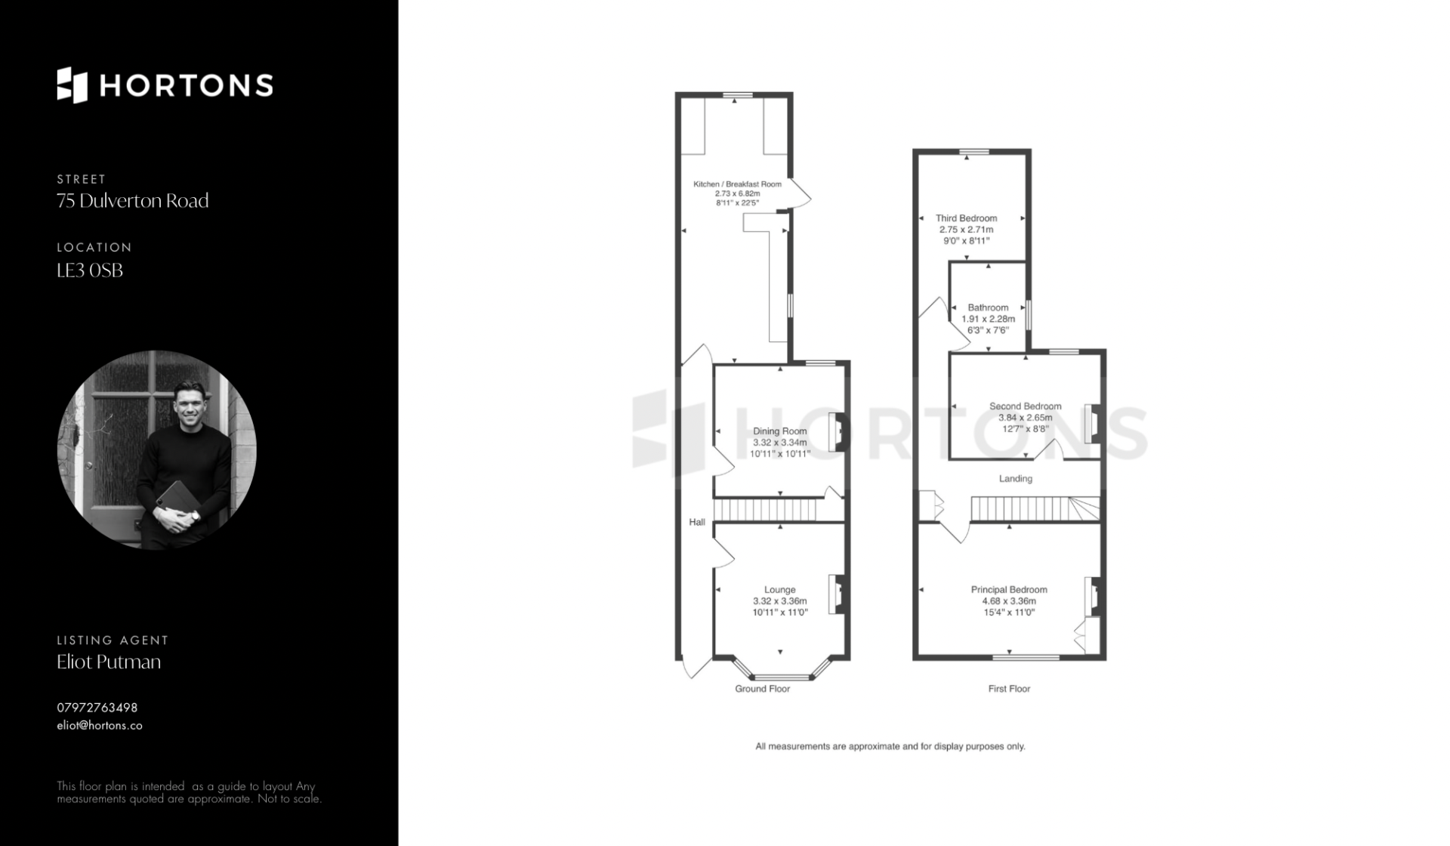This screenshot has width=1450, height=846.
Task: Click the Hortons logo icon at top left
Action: click(72, 85)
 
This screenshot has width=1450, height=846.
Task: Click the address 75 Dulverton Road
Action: click(133, 201)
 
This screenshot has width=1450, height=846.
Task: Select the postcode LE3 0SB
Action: click(90, 270)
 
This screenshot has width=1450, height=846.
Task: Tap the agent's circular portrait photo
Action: click(157, 449)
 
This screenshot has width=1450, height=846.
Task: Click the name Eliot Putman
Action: click(109, 662)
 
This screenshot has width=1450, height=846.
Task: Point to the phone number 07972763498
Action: click(97, 708)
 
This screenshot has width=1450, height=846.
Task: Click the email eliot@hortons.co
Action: click(100, 725)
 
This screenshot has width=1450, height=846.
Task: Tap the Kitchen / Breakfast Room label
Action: click(737, 184)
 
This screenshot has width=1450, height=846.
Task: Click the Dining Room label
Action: click(780, 431)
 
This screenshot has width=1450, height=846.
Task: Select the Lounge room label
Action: click(780, 590)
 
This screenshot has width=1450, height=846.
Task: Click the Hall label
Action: click(697, 522)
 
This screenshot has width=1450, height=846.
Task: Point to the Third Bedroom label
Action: click(967, 218)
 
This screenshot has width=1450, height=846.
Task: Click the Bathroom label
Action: click(988, 307)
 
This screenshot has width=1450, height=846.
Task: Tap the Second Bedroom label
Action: click(1026, 406)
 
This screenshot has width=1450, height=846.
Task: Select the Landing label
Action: click(1016, 478)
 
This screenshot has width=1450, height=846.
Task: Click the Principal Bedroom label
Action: click(1009, 590)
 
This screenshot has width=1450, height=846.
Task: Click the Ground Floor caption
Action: click(763, 689)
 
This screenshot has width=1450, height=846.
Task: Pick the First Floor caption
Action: click(1009, 689)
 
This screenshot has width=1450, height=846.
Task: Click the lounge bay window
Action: click(782, 677)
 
